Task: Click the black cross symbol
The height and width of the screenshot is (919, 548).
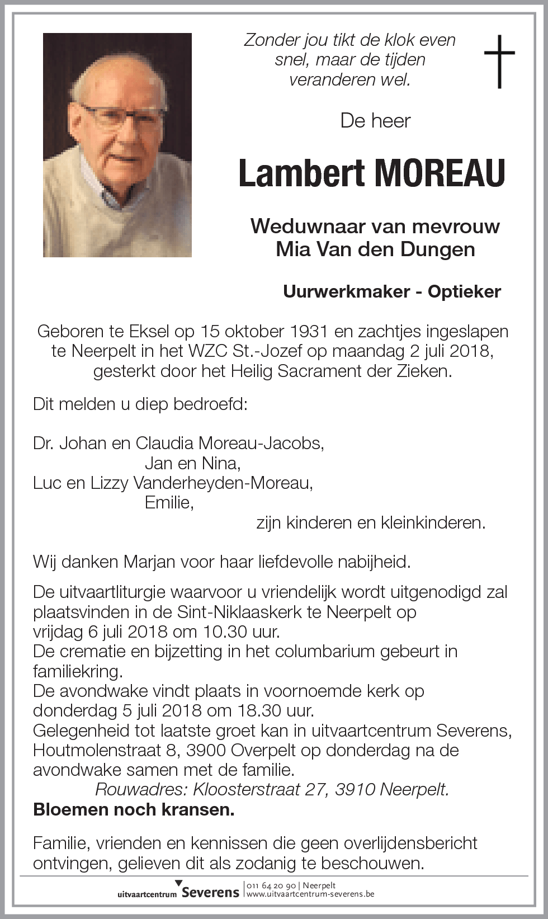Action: click(499, 61)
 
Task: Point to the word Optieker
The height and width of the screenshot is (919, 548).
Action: click(464, 291)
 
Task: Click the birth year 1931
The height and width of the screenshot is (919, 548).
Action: click(309, 331)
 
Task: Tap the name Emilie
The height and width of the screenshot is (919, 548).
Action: click(169, 502)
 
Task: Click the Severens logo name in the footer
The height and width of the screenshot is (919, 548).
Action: click(210, 892)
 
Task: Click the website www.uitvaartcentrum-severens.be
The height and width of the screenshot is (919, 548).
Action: click(310, 894)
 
